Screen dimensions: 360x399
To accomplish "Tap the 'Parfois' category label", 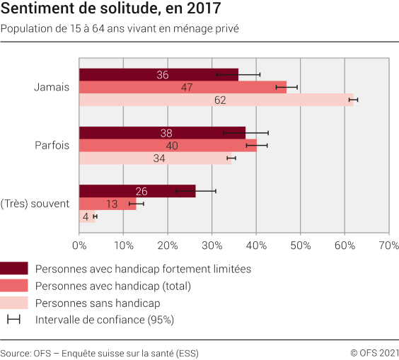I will click(52, 146).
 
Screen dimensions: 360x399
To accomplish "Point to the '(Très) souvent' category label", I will click(35, 204).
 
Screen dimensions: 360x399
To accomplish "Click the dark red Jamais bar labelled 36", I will click(158, 75).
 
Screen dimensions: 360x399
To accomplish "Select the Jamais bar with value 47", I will click(183, 88).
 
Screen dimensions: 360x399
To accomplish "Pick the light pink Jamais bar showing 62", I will click(216, 100).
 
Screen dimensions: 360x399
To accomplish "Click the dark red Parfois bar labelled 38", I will click(162, 133).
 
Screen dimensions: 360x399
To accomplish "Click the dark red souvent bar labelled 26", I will click(137, 191).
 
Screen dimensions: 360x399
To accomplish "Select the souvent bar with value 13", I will click(108, 204).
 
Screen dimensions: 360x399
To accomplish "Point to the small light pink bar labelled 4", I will click(87, 217).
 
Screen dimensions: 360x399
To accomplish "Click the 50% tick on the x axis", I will click(300, 245).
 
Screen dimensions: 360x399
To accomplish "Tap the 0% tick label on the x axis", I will click(79, 245).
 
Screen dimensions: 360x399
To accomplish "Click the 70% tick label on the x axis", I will click(388, 245).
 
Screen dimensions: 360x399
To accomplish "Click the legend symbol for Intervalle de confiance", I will click(13, 320).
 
